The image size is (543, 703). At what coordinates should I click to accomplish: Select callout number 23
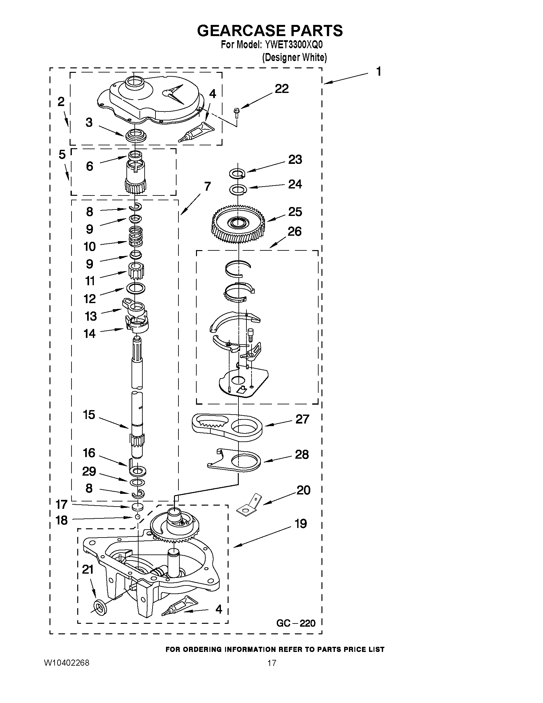pyautogui.click(x=295, y=160)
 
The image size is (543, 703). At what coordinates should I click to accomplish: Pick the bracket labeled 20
pyautogui.click(x=248, y=505)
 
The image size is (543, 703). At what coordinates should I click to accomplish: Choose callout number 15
pyautogui.click(x=89, y=415)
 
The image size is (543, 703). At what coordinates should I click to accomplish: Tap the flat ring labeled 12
pyautogui.click(x=136, y=288)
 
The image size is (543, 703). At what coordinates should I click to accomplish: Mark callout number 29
pyautogui.click(x=89, y=471)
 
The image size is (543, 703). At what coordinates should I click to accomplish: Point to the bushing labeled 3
pyautogui.click(x=136, y=135)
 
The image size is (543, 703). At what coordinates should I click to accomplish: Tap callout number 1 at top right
pyautogui.click(x=379, y=72)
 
